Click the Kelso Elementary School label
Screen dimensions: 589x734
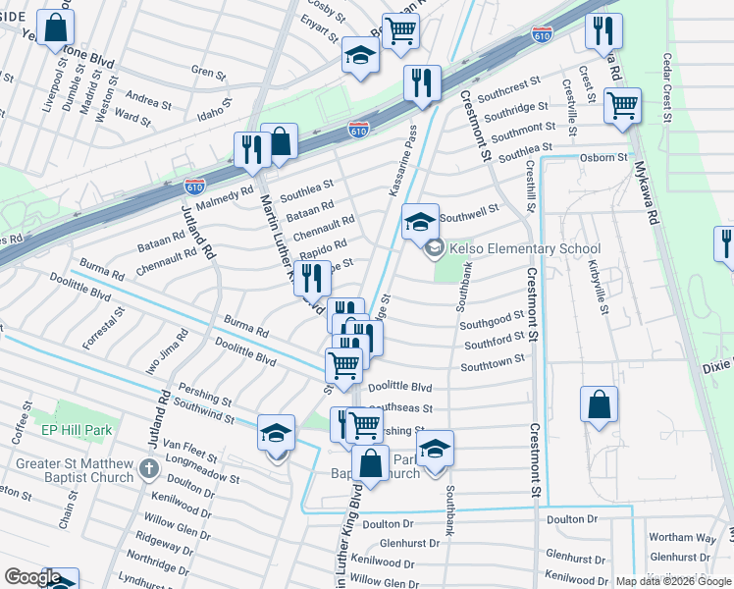pyautogui.click(x=525, y=248)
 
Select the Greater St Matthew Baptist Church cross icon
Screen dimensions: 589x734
pyautogui.click(x=147, y=468)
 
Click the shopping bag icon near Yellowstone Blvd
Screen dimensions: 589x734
pyautogui.click(x=55, y=27)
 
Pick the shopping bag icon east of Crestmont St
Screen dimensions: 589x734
pyautogui.click(x=599, y=405)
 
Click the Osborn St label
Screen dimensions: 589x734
pyautogui.click(x=603, y=157)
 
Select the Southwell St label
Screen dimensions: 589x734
pyautogui.click(x=469, y=208)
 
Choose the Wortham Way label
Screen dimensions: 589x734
pyautogui.click(x=682, y=537)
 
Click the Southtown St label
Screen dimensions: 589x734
pyautogui.click(x=494, y=360)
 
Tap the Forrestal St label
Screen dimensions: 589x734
pyautogui.click(x=115, y=328)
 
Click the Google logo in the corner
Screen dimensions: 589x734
pyautogui.click(x=31, y=577)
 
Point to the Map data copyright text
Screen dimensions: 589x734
pyautogui.click(x=674, y=581)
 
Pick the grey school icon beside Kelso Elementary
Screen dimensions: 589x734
pyautogui.click(x=434, y=248)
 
